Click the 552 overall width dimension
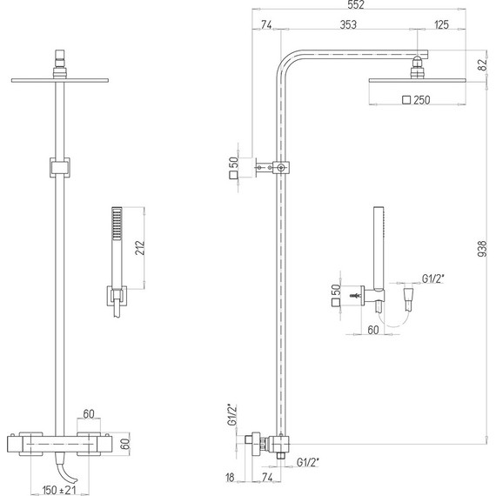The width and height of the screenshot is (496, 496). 356,4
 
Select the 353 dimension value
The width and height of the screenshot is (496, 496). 348,24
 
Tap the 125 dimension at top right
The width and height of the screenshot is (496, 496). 441,24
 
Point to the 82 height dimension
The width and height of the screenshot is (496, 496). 482,65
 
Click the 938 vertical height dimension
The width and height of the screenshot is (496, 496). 482,248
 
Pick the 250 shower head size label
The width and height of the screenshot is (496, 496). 422,100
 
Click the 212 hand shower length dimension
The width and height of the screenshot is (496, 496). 139,248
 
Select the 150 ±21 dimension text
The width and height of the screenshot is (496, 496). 59,490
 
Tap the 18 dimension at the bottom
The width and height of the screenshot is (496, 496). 230,477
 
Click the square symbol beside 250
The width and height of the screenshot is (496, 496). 406,100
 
